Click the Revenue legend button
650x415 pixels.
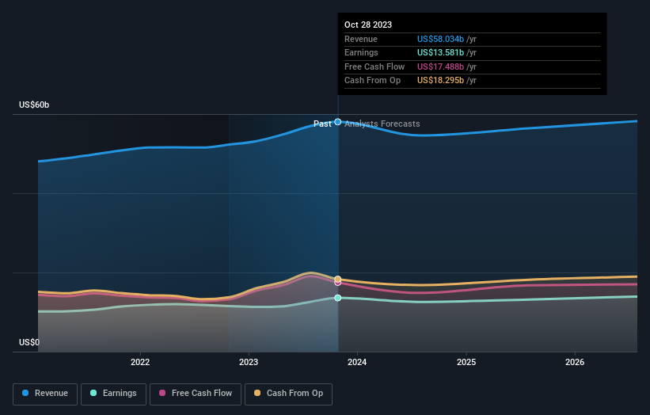point(45,393)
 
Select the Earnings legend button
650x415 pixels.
point(113,393)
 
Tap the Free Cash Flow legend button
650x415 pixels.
point(196,393)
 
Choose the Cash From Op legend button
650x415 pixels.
point(289,393)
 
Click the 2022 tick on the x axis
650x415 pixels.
point(140,363)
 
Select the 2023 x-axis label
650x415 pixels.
point(249,363)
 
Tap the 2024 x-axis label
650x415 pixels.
point(357,363)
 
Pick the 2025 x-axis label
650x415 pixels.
point(466,363)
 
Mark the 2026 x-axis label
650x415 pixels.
point(575,363)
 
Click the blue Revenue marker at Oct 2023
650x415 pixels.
point(338,122)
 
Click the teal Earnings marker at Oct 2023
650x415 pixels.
point(338,298)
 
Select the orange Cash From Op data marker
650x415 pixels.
point(338,279)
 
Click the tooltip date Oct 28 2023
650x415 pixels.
point(367,25)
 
